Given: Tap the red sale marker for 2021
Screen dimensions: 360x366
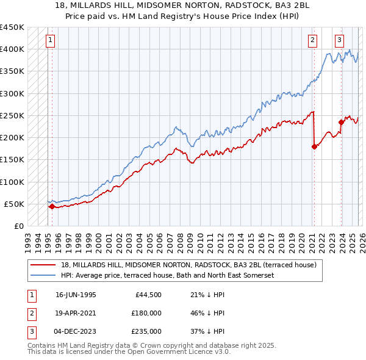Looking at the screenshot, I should click(314, 146).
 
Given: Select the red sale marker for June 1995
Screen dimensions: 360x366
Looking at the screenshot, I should click(52, 206).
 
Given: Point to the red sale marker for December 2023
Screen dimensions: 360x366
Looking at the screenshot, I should click(341, 122).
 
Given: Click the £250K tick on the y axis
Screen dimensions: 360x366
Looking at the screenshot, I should click(12, 115).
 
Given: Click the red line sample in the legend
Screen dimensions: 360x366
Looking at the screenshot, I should click(43, 265).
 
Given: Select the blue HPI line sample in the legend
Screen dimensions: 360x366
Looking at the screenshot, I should click(43, 276).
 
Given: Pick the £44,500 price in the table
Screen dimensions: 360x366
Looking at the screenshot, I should click(148, 295).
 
